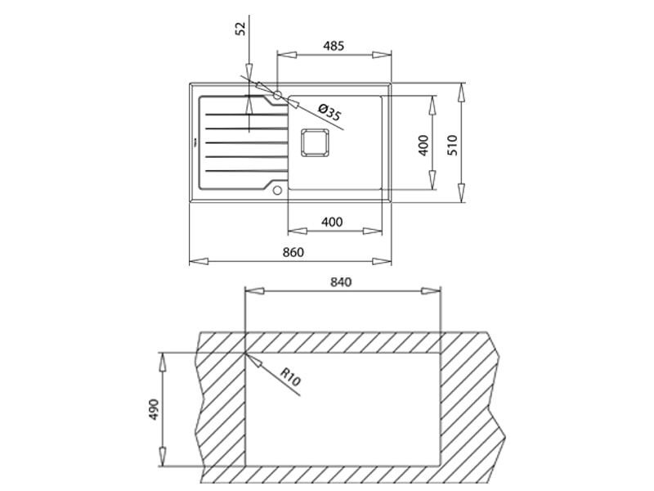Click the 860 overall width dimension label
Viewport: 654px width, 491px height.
pyautogui.click(x=293, y=252)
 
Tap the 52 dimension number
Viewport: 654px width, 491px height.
pyautogui.click(x=240, y=29)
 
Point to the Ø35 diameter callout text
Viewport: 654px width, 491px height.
pyautogui.click(x=328, y=113)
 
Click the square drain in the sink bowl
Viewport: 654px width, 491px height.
pyautogui.click(x=315, y=143)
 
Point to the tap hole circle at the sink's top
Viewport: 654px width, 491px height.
pyautogui.click(x=278, y=95)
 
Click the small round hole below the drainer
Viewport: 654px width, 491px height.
pyautogui.click(x=278, y=191)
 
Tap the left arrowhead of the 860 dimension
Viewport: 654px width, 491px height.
pyautogui.click(x=195, y=262)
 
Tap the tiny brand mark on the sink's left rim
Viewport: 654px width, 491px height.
pyautogui.click(x=194, y=142)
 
